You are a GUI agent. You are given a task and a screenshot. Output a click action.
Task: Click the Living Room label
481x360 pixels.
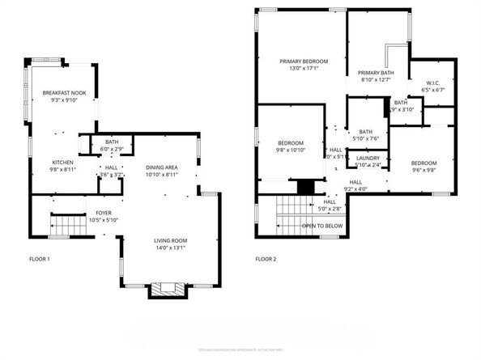171,240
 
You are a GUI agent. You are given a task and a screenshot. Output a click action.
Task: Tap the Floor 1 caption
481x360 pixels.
39,259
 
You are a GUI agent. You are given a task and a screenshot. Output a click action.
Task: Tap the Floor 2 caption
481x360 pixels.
266,259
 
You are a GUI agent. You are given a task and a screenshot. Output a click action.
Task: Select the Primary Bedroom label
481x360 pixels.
304,61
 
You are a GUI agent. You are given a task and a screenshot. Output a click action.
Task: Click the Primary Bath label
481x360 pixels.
375,72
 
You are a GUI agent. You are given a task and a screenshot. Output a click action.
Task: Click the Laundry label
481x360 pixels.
368,158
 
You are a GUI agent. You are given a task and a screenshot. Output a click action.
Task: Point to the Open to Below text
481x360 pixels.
322,227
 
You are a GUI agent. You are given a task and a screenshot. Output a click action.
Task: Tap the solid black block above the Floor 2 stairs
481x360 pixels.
305,187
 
